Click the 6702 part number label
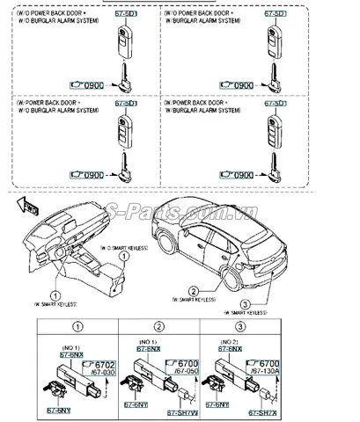pos(105,363)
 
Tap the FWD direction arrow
pos(26,207)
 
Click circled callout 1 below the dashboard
pos(55,295)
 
